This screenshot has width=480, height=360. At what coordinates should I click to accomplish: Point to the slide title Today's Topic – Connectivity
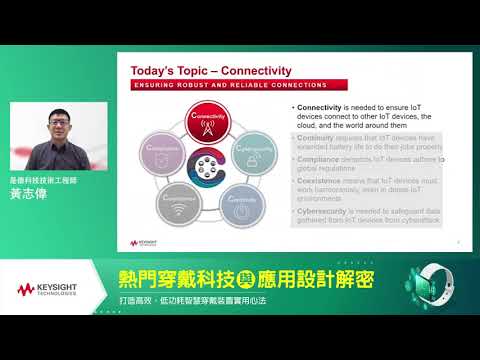212,71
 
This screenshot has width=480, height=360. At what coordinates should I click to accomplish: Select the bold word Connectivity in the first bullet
317,106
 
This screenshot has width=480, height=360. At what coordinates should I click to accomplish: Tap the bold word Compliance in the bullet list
316,159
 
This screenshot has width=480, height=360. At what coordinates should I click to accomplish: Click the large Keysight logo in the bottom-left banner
47,289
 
